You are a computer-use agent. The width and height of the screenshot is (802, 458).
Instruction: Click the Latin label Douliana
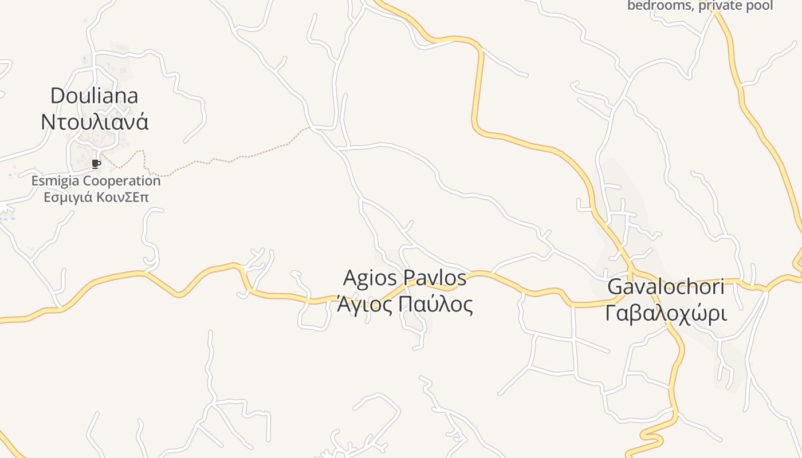95,95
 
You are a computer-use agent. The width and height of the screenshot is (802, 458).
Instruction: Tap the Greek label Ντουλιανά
95,122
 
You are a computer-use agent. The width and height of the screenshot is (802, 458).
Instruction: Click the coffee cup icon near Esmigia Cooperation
96,164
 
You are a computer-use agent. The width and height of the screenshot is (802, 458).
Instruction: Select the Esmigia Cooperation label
96,181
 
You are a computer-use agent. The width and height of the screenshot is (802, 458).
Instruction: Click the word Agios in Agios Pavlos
371,278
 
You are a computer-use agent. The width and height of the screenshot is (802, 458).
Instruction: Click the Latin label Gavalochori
666,287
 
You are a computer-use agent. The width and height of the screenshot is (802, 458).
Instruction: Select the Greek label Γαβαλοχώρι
666,314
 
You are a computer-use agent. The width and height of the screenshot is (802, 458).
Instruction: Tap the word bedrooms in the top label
660,6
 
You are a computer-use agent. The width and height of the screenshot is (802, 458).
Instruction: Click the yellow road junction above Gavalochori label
630,269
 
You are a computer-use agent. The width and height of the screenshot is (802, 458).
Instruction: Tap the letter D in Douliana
57,95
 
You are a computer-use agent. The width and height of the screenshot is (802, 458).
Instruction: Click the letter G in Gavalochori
615,287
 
